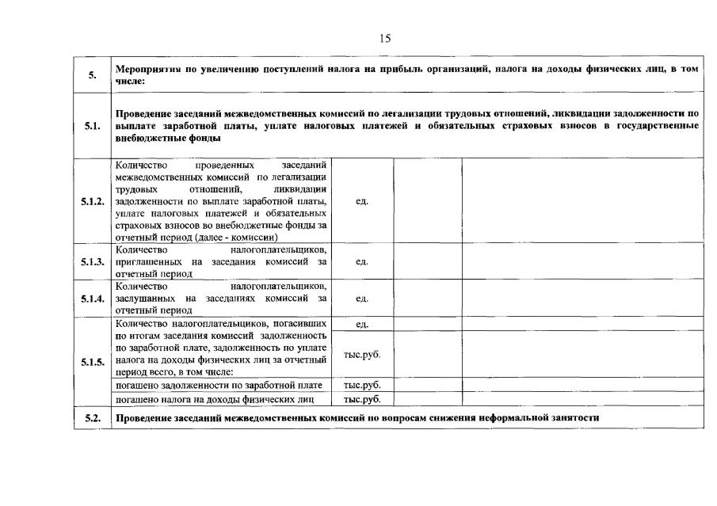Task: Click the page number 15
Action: pos(385,38)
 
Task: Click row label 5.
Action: pos(93,75)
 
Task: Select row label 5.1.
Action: pos(93,125)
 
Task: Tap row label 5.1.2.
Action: pos(93,201)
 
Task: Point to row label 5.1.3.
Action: pos(93,261)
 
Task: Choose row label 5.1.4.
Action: pos(93,299)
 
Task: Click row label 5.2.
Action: pos(93,417)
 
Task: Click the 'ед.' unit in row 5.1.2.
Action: pos(362,201)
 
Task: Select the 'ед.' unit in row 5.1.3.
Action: pos(362,261)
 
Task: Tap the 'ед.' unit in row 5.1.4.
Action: pos(362,299)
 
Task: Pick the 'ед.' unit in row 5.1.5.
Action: pos(362,324)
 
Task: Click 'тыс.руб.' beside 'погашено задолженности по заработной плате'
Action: pos(362,386)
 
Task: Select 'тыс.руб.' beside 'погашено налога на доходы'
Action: pos(362,399)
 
